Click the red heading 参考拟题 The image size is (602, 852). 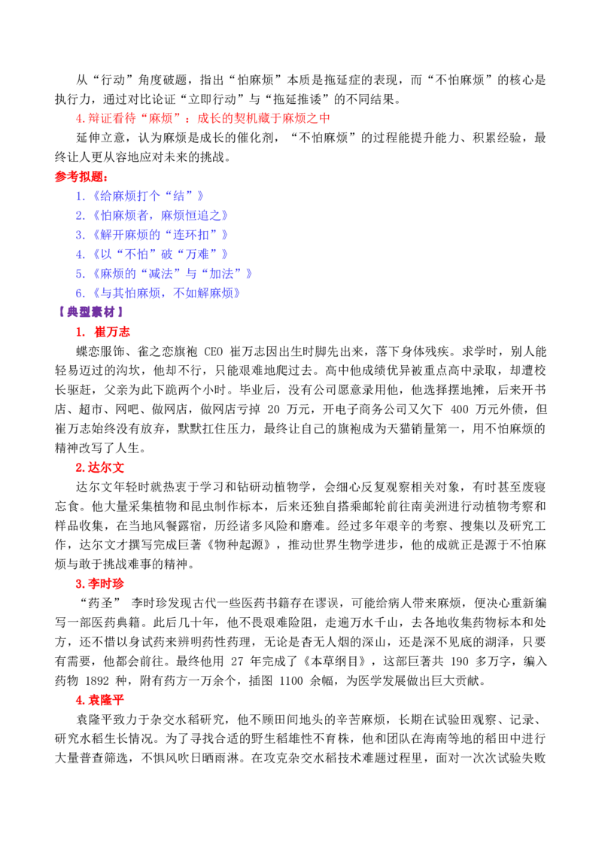81,177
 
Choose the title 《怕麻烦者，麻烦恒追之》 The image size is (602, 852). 158,215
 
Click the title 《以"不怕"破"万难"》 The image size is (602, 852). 158,254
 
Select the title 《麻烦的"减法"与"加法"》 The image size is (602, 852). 170,273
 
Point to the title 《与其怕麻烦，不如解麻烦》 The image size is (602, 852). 164,293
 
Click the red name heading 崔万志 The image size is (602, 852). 112,332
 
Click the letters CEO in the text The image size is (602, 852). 214,351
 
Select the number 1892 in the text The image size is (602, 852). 97,680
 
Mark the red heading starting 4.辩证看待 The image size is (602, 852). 202,118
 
